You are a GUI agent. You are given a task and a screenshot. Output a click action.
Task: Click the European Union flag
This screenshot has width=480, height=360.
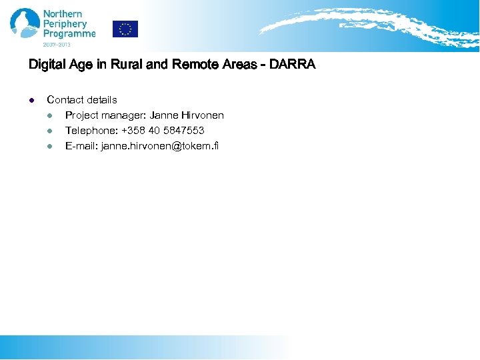coord(125,29)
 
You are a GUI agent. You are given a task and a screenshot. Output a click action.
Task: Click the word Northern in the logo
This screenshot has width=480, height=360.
coord(63,14)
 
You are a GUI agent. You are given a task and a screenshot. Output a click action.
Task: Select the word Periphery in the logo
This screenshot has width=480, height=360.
coord(65,24)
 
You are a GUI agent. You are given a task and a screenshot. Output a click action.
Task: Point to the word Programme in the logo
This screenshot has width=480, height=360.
coord(69,34)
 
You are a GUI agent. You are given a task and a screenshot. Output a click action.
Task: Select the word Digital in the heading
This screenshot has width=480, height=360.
coord(45,65)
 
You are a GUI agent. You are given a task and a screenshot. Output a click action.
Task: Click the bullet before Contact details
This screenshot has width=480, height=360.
coord(31,100)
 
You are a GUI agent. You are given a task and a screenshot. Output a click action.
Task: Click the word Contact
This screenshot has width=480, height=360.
coord(65,100)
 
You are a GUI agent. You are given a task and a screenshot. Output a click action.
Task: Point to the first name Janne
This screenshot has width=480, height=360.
coord(164,115)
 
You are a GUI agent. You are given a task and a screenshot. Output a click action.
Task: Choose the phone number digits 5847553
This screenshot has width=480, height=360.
coord(183,131)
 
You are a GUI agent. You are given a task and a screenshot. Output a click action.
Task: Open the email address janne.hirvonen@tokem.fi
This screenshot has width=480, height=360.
coord(159,146)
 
